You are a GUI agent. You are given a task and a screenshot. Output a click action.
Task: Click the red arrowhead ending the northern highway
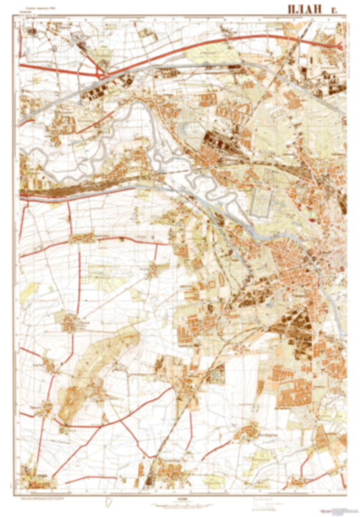(340, 47)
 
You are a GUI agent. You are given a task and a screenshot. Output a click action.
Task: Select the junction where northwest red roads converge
(101, 71)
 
